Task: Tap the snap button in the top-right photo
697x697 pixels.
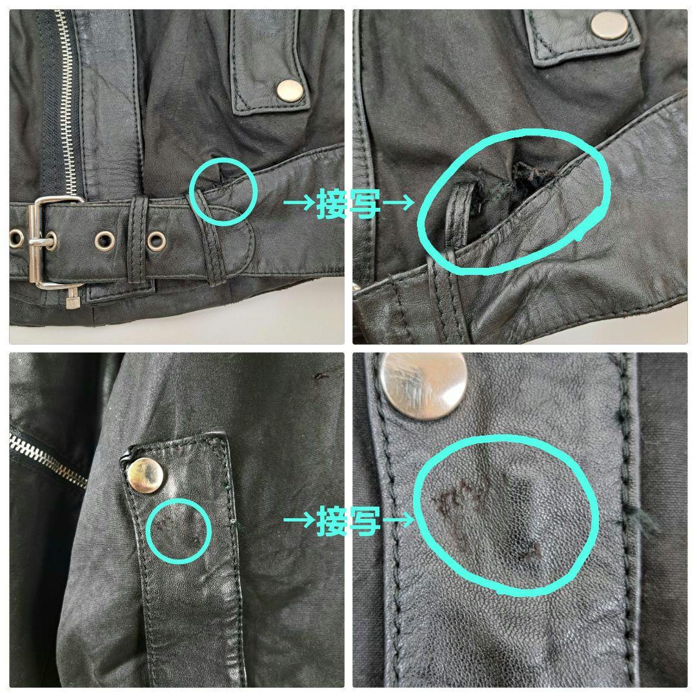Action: (x=610, y=25)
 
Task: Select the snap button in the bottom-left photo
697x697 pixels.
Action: (x=145, y=475)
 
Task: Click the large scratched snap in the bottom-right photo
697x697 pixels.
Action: (x=423, y=386)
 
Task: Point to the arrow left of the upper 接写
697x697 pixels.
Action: (x=299, y=204)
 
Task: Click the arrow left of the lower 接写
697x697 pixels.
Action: (x=299, y=521)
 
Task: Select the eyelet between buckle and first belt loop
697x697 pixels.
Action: (x=105, y=240)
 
